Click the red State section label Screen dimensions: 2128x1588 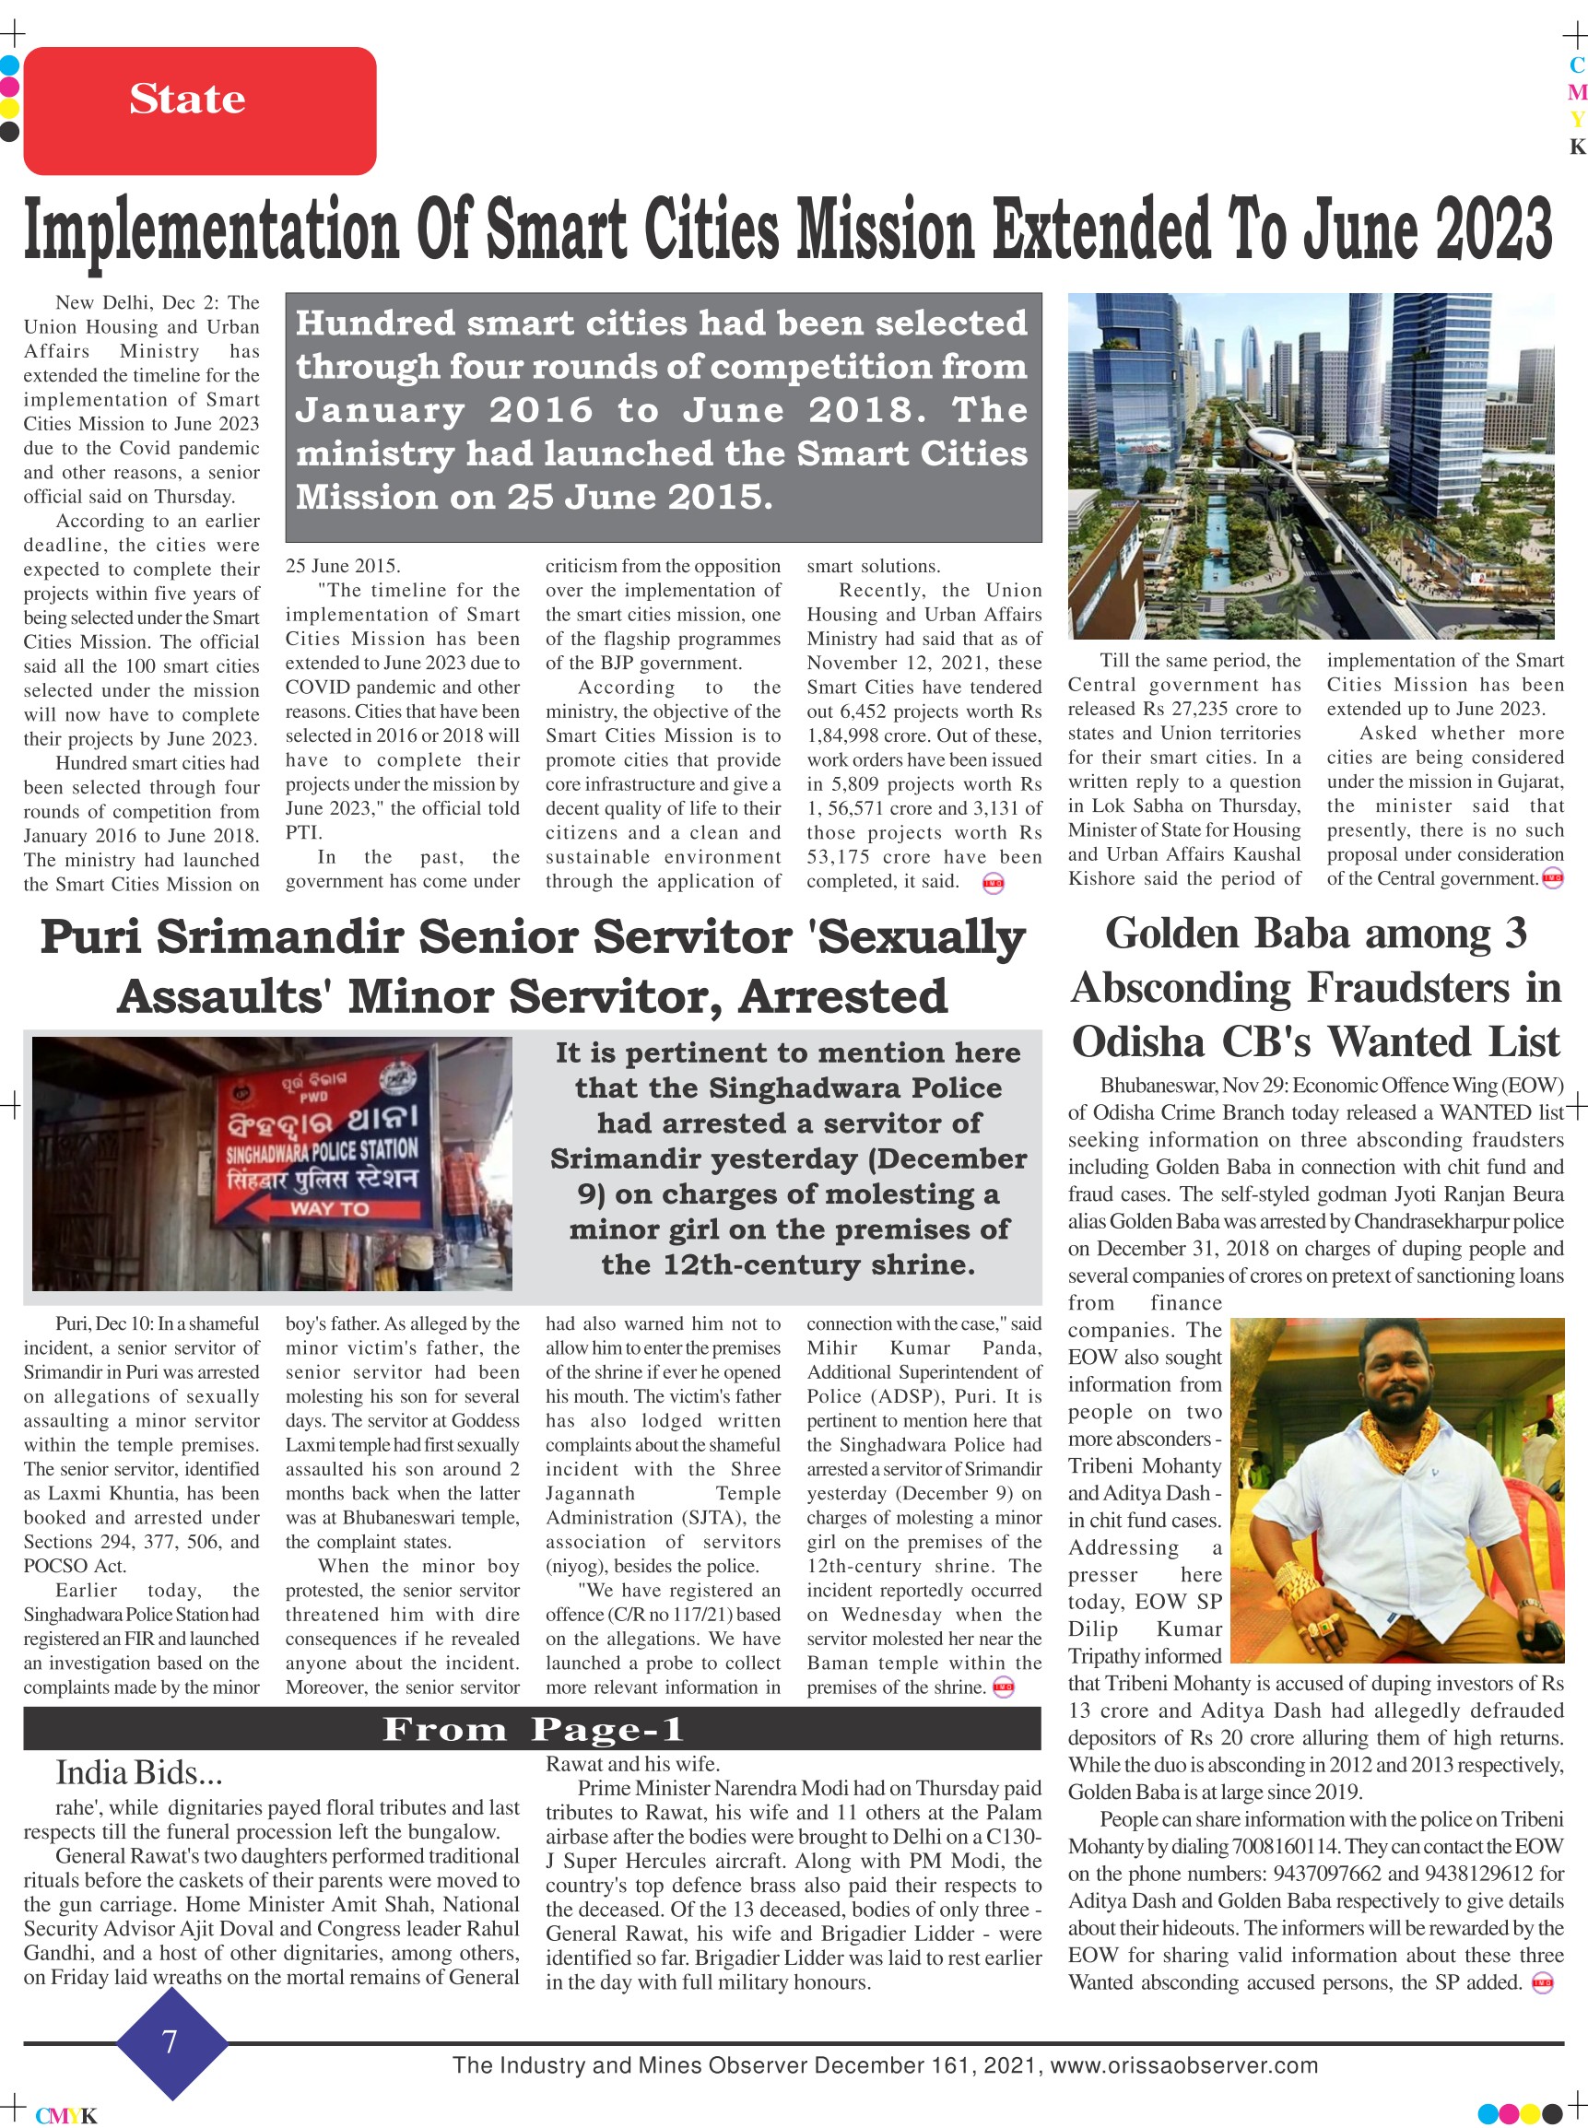(x=188, y=99)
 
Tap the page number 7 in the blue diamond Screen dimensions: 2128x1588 (x=171, y=2040)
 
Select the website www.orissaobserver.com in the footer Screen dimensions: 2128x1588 (x=1183, y=2064)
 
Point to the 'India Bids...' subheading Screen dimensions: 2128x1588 (x=138, y=1771)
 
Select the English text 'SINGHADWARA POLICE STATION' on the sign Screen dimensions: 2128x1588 (x=321, y=1150)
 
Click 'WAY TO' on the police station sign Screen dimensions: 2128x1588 (x=329, y=1208)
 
